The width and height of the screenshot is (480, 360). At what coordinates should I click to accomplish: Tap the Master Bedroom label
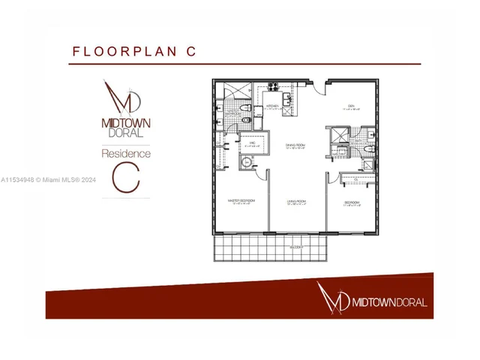[241, 200]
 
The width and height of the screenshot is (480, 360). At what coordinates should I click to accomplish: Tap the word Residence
[126, 153]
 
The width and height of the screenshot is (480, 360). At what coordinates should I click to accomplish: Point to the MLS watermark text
[49, 180]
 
